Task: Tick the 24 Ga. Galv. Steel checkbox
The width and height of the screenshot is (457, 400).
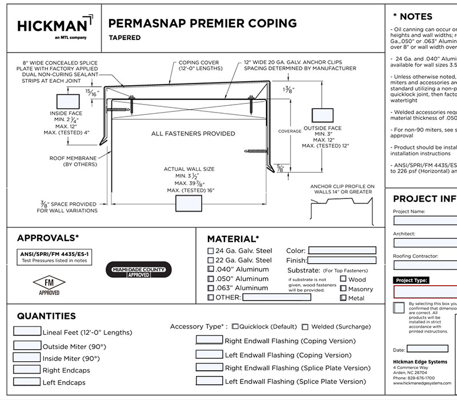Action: [211, 250]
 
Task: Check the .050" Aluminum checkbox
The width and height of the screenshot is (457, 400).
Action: [211, 279]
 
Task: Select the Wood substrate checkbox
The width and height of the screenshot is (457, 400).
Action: [343, 279]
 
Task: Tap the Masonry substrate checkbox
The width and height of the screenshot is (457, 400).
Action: [343, 289]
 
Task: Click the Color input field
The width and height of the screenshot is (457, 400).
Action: [342, 250]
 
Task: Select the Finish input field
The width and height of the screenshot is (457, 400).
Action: [342, 260]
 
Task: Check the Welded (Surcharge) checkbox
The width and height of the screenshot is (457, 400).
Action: [305, 327]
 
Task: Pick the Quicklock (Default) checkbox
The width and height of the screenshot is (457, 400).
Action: [235, 327]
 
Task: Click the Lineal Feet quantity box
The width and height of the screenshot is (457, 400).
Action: [27, 331]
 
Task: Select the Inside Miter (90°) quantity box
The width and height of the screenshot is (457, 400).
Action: [27, 357]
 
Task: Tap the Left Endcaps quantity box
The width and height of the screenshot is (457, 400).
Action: [27, 381]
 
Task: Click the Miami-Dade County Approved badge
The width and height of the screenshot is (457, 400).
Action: [138, 271]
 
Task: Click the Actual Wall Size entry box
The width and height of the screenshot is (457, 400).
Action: [193, 203]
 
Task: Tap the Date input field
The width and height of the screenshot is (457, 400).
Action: [427, 349]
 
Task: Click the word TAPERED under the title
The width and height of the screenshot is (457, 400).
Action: [125, 38]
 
